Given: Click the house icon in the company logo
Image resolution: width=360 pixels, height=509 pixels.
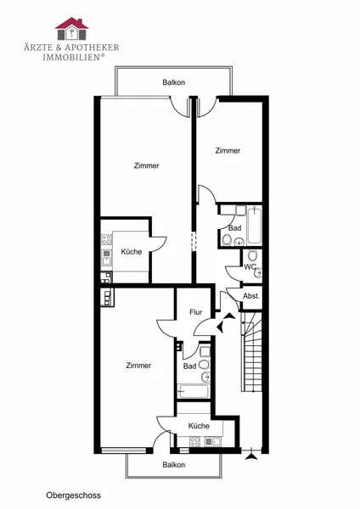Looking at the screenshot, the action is (71, 29).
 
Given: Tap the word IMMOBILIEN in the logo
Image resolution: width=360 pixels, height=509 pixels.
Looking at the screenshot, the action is (72, 57).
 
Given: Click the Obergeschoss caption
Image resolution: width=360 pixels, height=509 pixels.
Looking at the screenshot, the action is (73, 495).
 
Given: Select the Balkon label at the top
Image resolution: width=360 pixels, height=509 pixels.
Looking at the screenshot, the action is (174, 82).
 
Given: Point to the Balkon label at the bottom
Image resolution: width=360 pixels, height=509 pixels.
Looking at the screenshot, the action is (174, 465).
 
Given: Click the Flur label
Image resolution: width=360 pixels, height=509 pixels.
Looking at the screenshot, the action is (196, 312).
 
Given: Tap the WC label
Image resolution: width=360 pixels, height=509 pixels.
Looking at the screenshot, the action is (250, 267).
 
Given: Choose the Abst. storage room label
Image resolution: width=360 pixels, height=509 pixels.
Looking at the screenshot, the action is (251, 296).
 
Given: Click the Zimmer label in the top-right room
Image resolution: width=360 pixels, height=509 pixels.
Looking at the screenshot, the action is (228, 151).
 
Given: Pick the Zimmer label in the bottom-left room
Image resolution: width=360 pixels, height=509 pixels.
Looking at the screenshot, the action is (138, 366).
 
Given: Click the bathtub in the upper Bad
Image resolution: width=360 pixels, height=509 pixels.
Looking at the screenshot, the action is (254, 227).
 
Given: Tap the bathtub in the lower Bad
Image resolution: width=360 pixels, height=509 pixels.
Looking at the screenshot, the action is (193, 391).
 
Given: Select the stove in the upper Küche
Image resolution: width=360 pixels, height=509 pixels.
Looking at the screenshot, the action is (107, 240).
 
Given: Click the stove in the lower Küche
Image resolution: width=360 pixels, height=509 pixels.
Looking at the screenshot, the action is (195, 441).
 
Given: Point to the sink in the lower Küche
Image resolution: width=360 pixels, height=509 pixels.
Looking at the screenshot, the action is (212, 441).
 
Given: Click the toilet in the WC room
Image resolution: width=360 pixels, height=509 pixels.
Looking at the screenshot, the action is (252, 255).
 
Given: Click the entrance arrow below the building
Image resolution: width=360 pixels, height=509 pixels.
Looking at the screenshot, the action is (250, 457).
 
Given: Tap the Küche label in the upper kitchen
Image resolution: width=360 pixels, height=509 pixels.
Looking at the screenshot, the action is (132, 252).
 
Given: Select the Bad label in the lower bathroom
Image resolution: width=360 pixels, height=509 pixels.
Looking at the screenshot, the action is (189, 366).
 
